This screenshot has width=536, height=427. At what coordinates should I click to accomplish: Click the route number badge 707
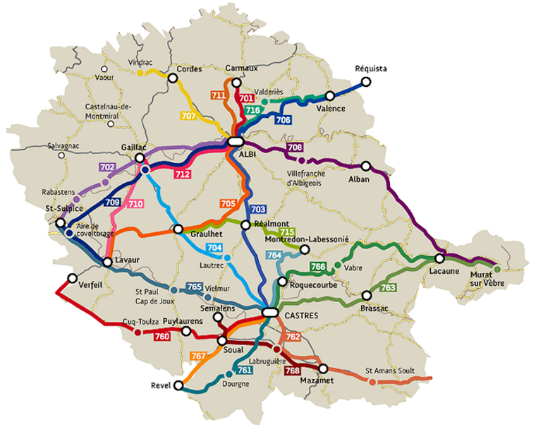tap(188, 116)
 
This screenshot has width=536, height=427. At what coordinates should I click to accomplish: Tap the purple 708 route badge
tap(295, 148)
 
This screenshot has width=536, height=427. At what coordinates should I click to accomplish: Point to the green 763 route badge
tap(388, 288)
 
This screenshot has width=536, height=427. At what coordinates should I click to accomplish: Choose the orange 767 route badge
tap(198, 356)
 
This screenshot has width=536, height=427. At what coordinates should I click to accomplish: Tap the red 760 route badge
tap(162, 337)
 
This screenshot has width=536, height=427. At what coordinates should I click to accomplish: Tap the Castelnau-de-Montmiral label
tap(109, 110)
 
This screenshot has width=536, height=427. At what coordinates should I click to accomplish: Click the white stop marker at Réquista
tap(365, 82)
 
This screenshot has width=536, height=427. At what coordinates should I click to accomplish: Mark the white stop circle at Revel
tap(179, 386)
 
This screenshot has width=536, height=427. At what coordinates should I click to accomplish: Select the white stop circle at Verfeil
tap(71, 278)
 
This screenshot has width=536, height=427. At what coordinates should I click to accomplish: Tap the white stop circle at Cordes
tap(171, 79)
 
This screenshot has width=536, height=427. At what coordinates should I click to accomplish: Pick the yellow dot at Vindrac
tap(140, 73)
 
